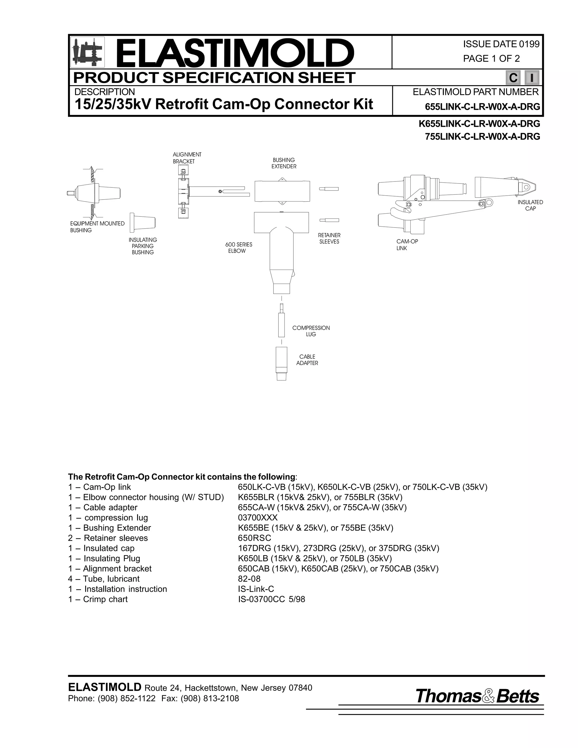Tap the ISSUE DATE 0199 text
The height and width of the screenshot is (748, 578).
click(x=501, y=44)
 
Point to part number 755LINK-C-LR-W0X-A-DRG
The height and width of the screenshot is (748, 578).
click(x=482, y=137)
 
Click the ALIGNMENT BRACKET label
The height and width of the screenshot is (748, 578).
click(x=187, y=158)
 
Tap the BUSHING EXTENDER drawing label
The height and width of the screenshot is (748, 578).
click(x=284, y=163)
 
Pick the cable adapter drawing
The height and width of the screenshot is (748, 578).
click(x=281, y=363)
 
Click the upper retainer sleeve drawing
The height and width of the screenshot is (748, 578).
click(x=329, y=189)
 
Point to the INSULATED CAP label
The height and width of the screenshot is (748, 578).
click(x=530, y=205)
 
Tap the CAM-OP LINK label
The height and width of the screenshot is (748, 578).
click(x=407, y=244)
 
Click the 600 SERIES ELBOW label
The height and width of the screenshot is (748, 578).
click(x=238, y=248)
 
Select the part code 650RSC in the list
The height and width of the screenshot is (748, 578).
click(x=254, y=538)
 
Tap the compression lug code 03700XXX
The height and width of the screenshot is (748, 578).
click(x=258, y=517)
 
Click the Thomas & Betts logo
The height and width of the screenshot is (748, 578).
click(x=477, y=697)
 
